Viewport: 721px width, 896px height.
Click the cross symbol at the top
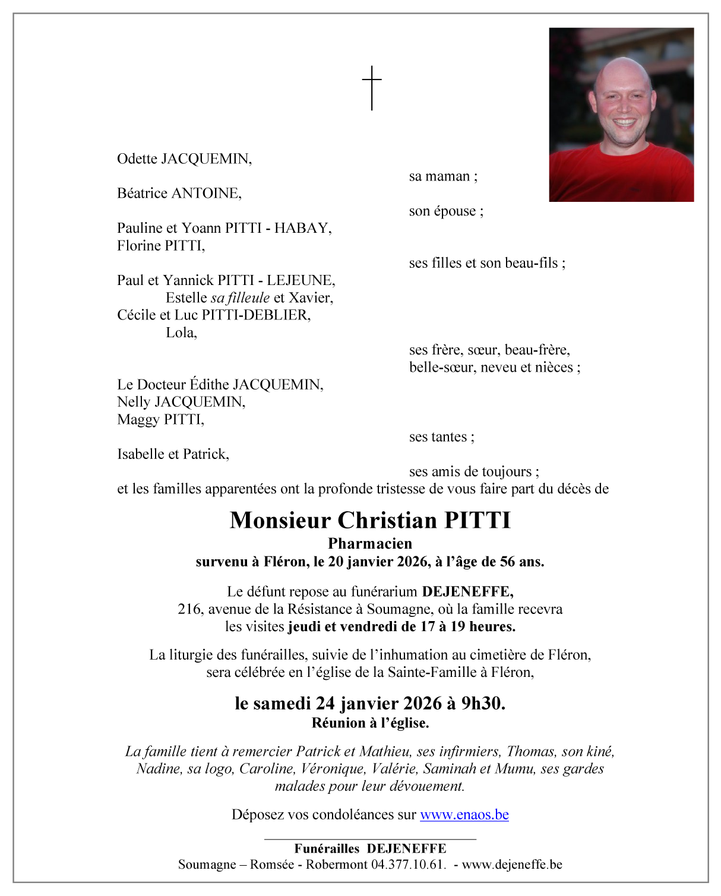[372, 88]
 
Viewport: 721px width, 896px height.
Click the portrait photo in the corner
[621, 115]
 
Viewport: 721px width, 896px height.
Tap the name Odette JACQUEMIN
[184, 159]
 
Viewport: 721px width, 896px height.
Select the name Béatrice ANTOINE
[179, 194]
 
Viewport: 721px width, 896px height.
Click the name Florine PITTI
[160, 246]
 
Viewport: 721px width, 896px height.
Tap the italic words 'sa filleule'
[240, 298]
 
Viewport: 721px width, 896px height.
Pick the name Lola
[181, 333]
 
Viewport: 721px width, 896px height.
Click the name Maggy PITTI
[160, 420]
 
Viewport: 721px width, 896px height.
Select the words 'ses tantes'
[441, 437]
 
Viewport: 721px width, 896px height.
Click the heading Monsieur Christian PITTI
[370, 521]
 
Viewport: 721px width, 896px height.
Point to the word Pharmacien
[370, 544]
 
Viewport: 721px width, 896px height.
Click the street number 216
[189, 609]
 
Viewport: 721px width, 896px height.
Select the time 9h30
[483, 704]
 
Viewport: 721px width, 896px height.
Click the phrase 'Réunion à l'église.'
[370, 723]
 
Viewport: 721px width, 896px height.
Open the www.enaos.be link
[464, 815]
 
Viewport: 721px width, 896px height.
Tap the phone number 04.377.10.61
[408, 865]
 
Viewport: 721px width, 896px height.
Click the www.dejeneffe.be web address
[512, 865]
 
